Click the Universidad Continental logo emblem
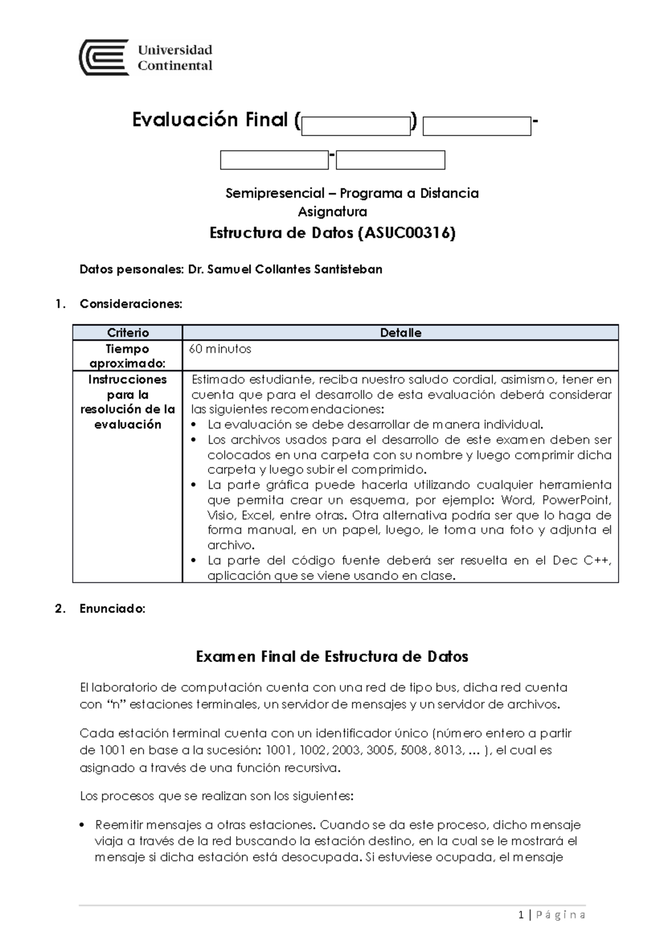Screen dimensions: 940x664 pos(104,58)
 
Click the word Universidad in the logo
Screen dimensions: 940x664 pos(175,50)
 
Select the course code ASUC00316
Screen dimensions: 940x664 pos(407,233)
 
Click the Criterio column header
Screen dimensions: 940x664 pos(128,333)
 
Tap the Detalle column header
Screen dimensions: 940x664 pos(401,333)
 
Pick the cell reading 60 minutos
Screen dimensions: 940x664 pos(220,349)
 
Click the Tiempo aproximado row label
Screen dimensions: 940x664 pos(128,356)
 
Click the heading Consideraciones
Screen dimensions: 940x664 pos(131,304)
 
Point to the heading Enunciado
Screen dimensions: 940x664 pos(112,609)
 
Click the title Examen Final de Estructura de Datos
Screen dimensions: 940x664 pos(332,657)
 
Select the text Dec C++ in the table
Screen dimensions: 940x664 pos(581,560)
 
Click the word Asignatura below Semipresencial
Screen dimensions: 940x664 pos(332,211)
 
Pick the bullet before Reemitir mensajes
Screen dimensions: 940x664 pos(82,825)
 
